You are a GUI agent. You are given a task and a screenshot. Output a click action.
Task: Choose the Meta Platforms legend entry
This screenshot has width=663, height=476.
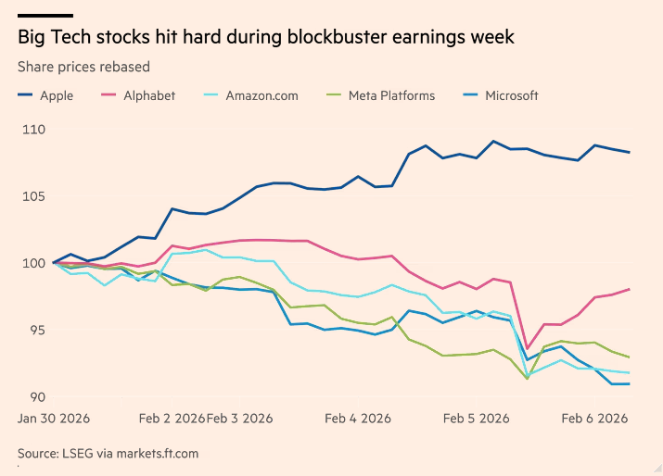[390, 95]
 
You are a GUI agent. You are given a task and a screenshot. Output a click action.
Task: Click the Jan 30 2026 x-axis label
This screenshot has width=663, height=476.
[55, 419]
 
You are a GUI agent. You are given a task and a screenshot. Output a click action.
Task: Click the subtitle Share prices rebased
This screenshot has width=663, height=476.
[83, 67]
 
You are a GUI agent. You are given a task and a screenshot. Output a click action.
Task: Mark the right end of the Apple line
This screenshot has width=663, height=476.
[630, 152]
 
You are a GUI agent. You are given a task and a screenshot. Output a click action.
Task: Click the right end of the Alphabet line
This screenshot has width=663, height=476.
[630, 289]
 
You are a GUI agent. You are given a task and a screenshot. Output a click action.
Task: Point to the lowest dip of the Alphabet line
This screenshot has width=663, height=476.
[528, 348]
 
